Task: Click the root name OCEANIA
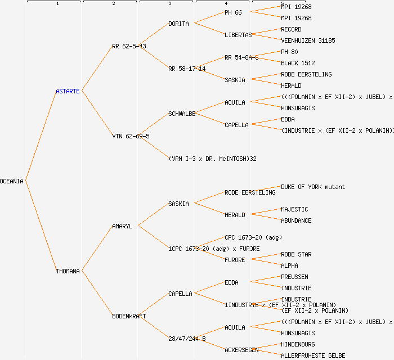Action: point(12,181)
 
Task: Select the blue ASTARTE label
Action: point(68,91)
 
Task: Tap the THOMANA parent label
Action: point(68,271)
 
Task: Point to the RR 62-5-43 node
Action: point(129,46)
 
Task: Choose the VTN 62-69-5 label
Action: point(131,136)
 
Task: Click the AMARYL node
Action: point(122,226)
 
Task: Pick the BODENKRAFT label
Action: point(129,316)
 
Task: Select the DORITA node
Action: point(178,24)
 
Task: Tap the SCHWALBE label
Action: point(182,114)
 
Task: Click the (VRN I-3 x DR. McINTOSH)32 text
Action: point(212,159)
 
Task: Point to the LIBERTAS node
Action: point(238,35)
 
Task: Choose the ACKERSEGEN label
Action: point(241,350)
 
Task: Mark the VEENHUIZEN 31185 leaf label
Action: point(308,40)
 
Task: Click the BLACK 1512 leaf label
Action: point(298,63)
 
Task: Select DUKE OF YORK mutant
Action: point(313,187)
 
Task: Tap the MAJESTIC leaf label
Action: point(294,209)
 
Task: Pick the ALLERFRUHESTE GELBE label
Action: point(313,355)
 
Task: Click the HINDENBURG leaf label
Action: point(298,344)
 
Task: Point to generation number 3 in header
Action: point(169,4)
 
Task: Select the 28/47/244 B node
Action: point(187,339)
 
